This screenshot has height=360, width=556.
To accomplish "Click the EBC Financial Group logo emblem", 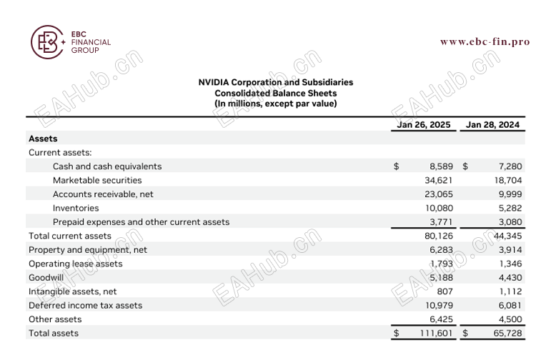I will (x=47, y=42).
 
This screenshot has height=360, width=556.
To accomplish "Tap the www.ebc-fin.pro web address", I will (x=485, y=41).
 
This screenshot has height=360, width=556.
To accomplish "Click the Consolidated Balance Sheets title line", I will (x=275, y=93).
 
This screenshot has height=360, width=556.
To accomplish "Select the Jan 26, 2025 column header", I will (x=424, y=125).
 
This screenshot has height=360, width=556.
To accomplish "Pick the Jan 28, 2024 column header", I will (x=492, y=125).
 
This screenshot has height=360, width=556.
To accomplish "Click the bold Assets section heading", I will (x=43, y=139).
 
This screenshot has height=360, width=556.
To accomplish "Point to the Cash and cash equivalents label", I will (x=107, y=166).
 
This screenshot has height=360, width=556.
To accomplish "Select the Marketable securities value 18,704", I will (x=508, y=180).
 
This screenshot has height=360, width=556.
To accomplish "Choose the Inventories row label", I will (x=76, y=208).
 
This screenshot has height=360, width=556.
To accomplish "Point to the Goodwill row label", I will (x=46, y=277).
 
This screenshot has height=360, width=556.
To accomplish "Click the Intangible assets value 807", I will (x=445, y=291).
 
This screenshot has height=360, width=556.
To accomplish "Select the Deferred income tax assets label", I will (x=85, y=305).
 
